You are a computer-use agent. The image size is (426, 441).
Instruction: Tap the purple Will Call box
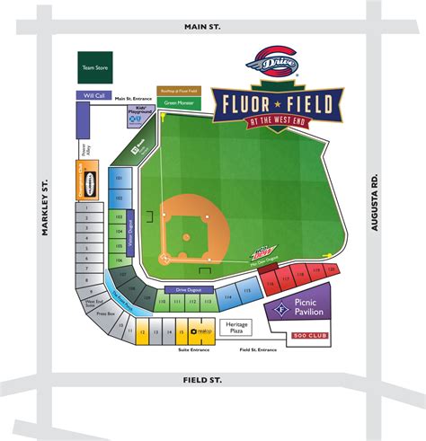(93, 93)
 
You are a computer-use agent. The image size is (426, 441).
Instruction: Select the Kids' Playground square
(136, 112)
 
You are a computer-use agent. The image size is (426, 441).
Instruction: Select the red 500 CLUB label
(311, 336)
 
